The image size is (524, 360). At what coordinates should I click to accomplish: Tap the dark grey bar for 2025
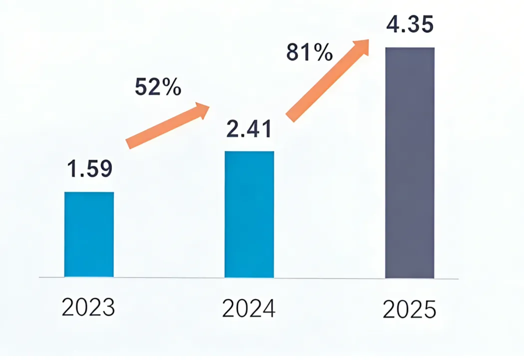point(410,162)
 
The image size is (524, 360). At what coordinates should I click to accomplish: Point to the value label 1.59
point(89,169)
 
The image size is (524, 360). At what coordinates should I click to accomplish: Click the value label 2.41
point(249,129)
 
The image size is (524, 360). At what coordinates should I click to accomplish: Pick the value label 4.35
point(410,25)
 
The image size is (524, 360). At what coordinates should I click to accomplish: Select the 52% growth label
point(158,87)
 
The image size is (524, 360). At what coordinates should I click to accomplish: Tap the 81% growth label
point(309,52)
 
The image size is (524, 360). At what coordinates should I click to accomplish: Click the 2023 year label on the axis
point(88,307)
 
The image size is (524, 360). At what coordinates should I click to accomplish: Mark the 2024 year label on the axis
point(249,308)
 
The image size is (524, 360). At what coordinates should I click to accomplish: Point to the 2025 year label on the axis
point(410,309)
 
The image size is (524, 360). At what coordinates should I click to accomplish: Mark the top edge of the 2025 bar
point(410,48)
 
